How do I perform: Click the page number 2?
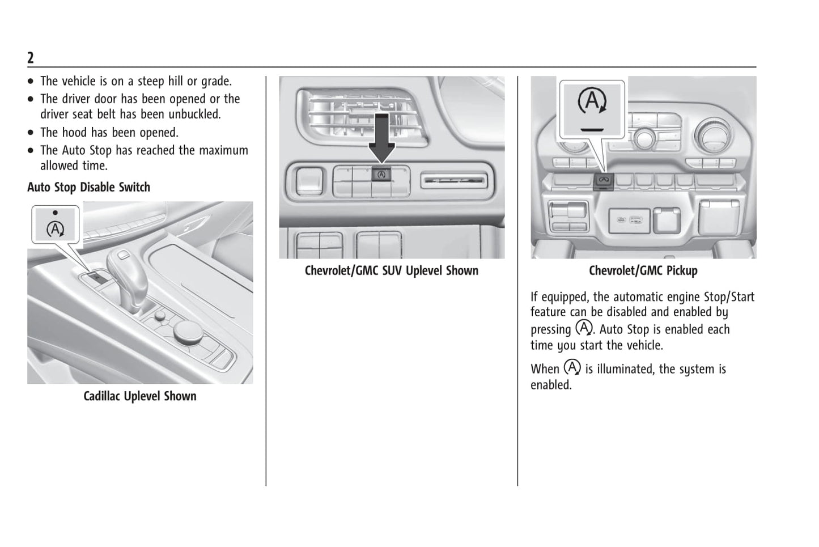pos(31,58)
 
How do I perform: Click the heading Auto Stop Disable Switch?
pos(88,187)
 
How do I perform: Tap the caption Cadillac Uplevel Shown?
pos(140,396)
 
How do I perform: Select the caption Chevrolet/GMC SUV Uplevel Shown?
pos(391,271)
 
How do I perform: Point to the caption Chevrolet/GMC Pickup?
pos(643,271)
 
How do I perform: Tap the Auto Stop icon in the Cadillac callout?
pos(55,229)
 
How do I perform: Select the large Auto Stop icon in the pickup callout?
pos(592,103)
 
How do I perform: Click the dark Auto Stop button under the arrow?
pos(381,175)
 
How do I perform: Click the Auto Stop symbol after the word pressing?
pos(583,328)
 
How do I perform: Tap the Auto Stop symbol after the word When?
pos(572,367)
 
